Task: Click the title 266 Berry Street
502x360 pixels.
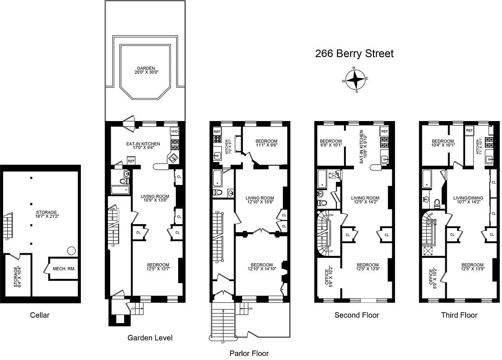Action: [x=354, y=54]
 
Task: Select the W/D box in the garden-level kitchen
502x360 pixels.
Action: [x=175, y=131]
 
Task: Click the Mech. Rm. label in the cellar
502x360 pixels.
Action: [x=64, y=269]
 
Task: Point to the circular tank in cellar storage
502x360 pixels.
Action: [x=71, y=251]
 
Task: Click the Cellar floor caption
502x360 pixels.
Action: [x=40, y=315]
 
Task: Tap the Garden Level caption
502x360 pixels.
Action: [x=150, y=337]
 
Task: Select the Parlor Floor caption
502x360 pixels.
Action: [x=249, y=353]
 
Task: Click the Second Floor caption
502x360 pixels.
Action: [x=357, y=315]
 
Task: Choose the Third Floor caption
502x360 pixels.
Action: [x=459, y=315]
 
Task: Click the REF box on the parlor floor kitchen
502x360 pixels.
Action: [x=217, y=131]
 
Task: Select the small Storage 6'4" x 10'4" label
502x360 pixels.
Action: [x=17, y=277]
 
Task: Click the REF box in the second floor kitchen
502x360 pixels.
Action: [x=385, y=131]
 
